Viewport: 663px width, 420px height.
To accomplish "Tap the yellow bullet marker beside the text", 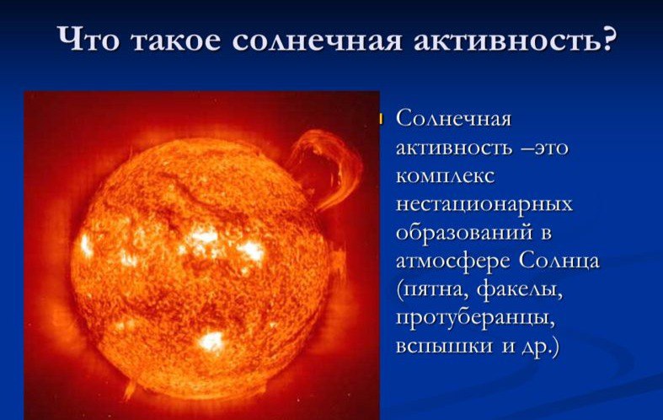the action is click(x=380, y=119).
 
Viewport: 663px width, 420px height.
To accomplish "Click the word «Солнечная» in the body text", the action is click(x=454, y=119).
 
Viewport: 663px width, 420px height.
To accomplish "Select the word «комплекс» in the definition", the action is click(x=446, y=176).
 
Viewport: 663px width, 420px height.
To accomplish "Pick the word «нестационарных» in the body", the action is click(x=484, y=205).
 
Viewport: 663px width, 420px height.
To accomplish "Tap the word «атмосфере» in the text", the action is click(x=453, y=261).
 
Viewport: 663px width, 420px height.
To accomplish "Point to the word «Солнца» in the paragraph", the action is click(x=559, y=261).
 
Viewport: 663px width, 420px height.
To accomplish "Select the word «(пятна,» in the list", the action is click(x=432, y=290).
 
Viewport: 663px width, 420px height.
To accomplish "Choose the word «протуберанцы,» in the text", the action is click(x=475, y=319).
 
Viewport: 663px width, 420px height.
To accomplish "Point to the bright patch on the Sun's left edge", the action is click(x=86, y=245).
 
